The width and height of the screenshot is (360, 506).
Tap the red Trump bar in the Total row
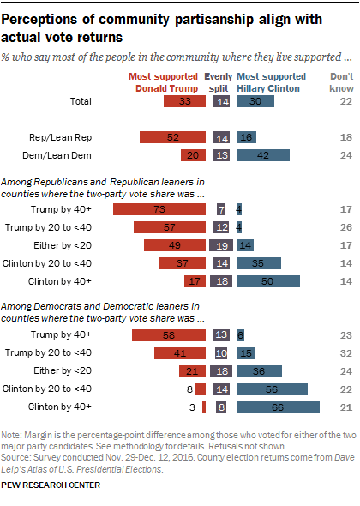[184, 102]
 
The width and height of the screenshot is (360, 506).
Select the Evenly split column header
[223, 82]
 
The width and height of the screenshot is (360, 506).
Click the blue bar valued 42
[265, 155]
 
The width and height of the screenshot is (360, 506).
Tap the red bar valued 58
[171, 334]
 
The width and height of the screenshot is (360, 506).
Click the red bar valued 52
[173, 136]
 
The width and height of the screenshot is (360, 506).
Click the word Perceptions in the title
[43, 19]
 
